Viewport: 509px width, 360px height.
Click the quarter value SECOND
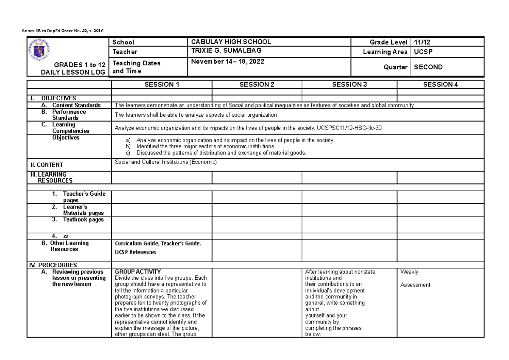coord(428,67)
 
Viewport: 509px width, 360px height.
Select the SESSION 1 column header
coord(162,84)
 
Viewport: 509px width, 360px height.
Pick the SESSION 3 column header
coord(349,84)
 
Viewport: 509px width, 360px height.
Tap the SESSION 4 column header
coord(441,84)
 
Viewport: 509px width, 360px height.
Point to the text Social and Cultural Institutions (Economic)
coord(166,162)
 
